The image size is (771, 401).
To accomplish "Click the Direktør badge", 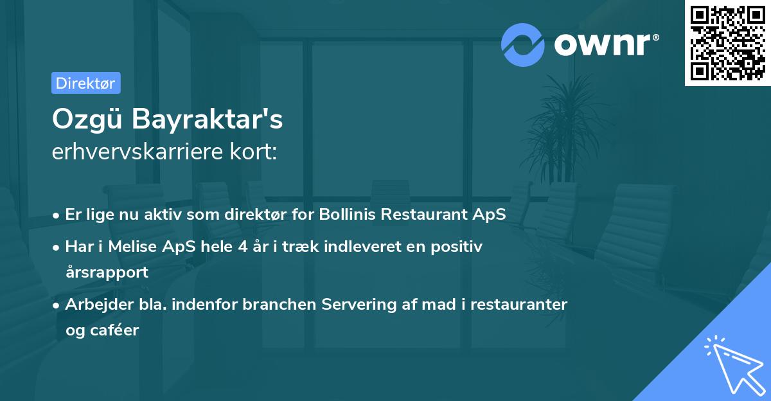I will coord(85,83).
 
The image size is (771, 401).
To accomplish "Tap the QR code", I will coord(727,43).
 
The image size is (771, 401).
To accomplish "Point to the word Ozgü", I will coord(88,119).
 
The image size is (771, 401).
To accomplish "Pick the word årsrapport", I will coord(107,272).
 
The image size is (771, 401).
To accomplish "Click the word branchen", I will coord(272,304).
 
